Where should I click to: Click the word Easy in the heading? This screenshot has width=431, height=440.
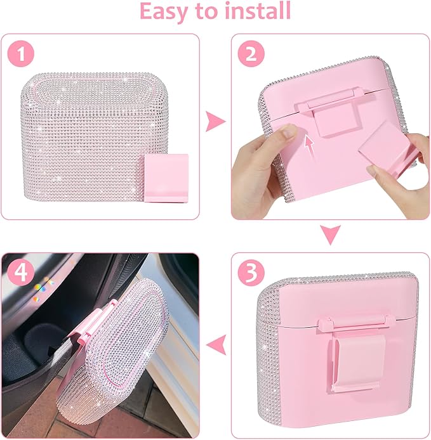[167, 11]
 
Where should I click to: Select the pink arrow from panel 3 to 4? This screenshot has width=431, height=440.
[218, 346]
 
